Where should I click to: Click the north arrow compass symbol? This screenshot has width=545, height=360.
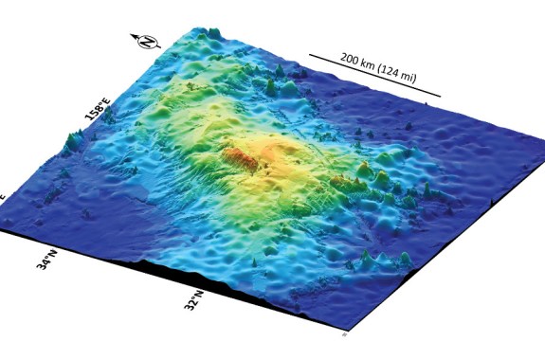(x=145, y=42)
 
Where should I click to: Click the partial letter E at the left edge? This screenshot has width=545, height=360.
(x=3, y=196)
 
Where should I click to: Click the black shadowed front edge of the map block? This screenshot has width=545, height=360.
(x=237, y=284)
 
